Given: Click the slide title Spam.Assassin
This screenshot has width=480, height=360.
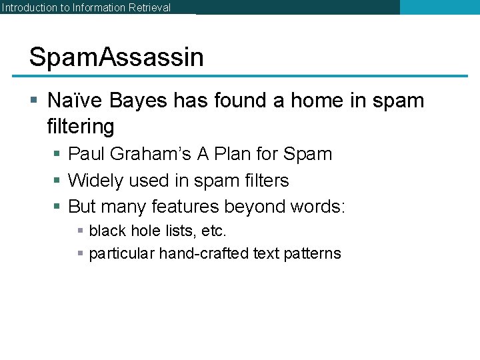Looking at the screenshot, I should (117, 57).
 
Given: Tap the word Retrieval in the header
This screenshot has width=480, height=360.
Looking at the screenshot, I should (147, 8).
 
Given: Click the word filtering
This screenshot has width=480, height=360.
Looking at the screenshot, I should (81, 126).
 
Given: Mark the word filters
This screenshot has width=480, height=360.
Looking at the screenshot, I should (265, 181).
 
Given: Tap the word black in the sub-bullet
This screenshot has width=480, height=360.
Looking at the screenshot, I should (106, 231).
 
